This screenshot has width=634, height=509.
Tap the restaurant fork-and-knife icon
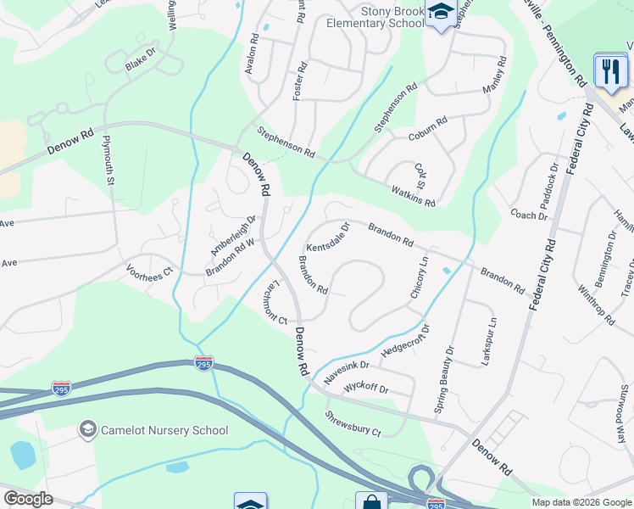point(610,72)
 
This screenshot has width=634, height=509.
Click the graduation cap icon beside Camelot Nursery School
point(87,430)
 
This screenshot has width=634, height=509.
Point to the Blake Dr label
point(141,59)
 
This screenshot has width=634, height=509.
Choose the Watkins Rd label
point(413,196)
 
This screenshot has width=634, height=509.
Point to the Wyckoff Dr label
point(365,389)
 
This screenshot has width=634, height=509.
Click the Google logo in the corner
point(28,499)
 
